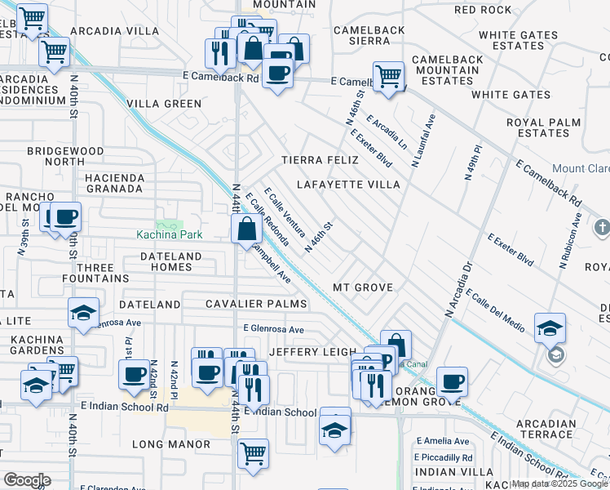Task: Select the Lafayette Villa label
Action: pyautogui.click(x=348, y=185)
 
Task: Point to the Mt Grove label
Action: pyautogui.click(x=363, y=288)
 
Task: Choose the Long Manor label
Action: pyautogui.click(x=171, y=445)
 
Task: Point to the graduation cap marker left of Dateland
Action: pyautogui.click(x=82, y=314)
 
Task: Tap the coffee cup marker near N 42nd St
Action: pyautogui.click(x=133, y=375)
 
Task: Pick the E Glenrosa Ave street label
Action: pyautogui.click(x=273, y=330)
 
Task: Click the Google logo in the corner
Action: pyautogui.click(x=27, y=480)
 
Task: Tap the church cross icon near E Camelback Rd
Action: pyautogui.click(x=602, y=226)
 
